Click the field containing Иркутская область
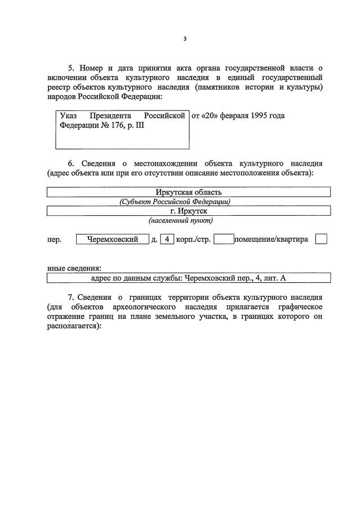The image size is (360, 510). coord(189,193)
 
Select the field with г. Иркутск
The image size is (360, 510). coord(189,211)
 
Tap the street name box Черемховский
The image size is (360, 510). coord(113,240)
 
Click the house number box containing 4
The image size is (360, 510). coord(167,240)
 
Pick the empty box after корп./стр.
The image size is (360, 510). coord(224,240)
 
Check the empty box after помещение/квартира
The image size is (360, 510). coord(321,240)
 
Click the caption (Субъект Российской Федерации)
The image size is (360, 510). coord(175,202)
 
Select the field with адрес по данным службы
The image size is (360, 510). coord(189,278)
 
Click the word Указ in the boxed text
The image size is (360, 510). coord(68,116)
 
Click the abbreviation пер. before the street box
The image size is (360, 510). coord(55,240)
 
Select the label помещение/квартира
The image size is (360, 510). coord(272,240)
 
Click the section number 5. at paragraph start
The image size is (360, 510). coord(71,68)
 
